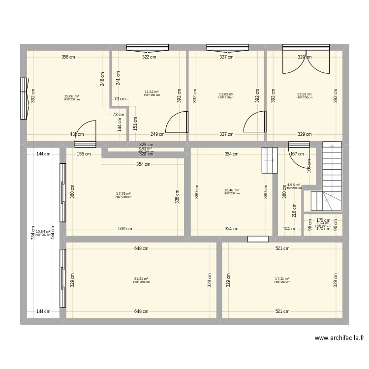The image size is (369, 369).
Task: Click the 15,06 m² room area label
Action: pyautogui.click(x=71, y=96)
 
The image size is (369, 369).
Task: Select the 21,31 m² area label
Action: pyautogui.click(x=141, y=279)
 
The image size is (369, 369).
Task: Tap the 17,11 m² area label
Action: pyautogui.click(x=282, y=279)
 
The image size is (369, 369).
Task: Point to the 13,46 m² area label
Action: pyautogui.click(x=231, y=190)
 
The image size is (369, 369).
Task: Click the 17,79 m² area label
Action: pyautogui.click(x=123, y=194)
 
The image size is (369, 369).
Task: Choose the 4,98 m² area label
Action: pyautogui.click(x=294, y=185)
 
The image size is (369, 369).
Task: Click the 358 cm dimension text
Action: pyautogui.click(x=68, y=57)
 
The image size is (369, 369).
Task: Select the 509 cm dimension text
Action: pyautogui.click(x=125, y=229)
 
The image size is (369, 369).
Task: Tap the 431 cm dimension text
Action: pyautogui.click(x=76, y=134)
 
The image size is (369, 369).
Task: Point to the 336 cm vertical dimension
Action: pyautogui.click(x=177, y=196)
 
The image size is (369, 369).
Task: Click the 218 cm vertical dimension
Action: pyautogui.click(x=294, y=210)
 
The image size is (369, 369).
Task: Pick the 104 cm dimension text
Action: pyautogui.click(x=290, y=229)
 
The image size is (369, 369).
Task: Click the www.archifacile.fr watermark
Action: pyautogui.click(x=339, y=338)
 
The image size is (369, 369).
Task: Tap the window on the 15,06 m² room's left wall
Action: pyautogui.click(x=23, y=98)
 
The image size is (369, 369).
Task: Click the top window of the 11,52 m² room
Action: pyautogui.click(x=147, y=47)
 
